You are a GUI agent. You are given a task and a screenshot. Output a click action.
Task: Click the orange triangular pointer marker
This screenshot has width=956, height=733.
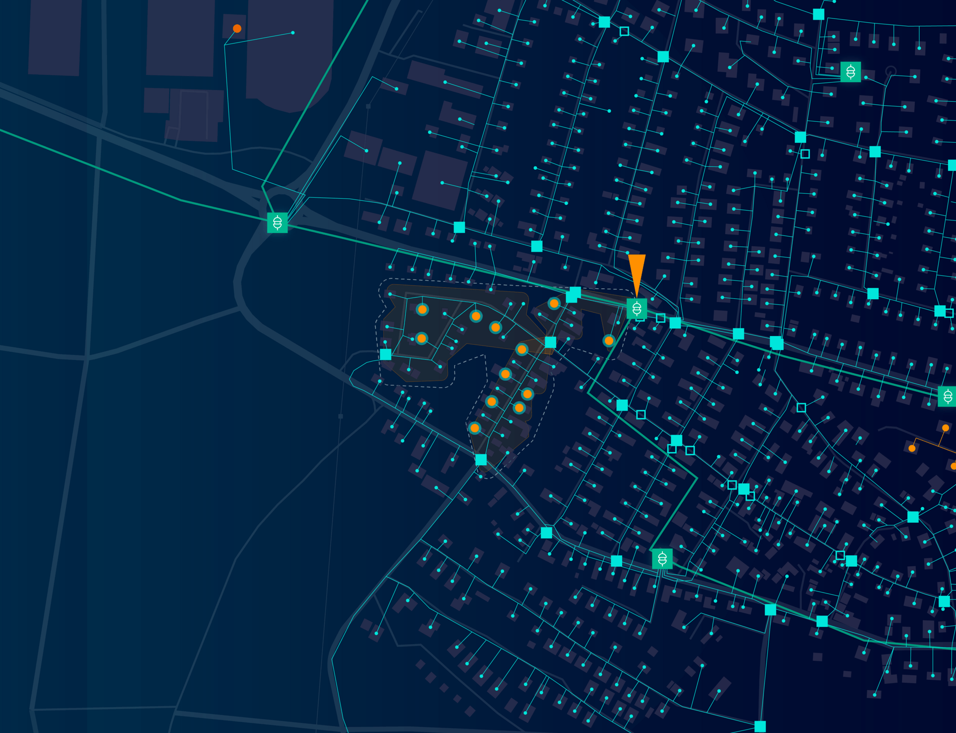click(637, 273)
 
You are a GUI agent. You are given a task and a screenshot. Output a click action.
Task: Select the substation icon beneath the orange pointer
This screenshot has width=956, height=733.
click(637, 309)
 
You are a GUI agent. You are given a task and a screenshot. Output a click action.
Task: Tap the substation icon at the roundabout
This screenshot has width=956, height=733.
click(277, 223)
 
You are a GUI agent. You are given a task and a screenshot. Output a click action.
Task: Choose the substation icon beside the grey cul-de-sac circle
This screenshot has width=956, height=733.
click(850, 72)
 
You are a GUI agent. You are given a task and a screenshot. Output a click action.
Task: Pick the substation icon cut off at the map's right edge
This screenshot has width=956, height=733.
click(948, 396)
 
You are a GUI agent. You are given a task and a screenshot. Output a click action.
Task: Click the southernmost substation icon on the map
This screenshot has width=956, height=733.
click(662, 558)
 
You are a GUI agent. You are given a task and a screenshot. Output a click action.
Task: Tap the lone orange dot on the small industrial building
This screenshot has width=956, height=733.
click(237, 29)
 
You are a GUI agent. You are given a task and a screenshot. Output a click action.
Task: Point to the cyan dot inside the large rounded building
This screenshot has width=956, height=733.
click(293, 33)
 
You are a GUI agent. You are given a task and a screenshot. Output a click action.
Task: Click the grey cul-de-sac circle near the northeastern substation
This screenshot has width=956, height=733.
click(891, 71)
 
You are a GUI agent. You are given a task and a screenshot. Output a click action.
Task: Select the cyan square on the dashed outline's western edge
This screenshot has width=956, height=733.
click(386, 354)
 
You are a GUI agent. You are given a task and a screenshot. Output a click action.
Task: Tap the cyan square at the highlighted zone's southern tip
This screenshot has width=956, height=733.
click(481, 459)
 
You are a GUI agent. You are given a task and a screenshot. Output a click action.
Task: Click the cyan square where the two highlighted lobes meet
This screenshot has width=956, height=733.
click(551, 342)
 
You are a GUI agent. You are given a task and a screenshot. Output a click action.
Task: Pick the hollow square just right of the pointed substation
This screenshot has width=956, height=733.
click(661, 318)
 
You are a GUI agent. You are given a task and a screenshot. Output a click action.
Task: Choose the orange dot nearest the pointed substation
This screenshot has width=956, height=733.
click(608, 340)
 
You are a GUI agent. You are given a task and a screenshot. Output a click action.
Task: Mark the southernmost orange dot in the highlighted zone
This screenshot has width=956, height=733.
click(475, 428)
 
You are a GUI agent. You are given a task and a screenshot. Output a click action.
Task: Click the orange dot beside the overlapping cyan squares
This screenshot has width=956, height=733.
click(554, 303)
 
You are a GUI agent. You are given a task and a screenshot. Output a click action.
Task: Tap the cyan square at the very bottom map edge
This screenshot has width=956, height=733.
click(760, 727)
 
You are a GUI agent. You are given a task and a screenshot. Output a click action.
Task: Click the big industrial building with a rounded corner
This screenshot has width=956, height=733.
click(289, 53)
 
